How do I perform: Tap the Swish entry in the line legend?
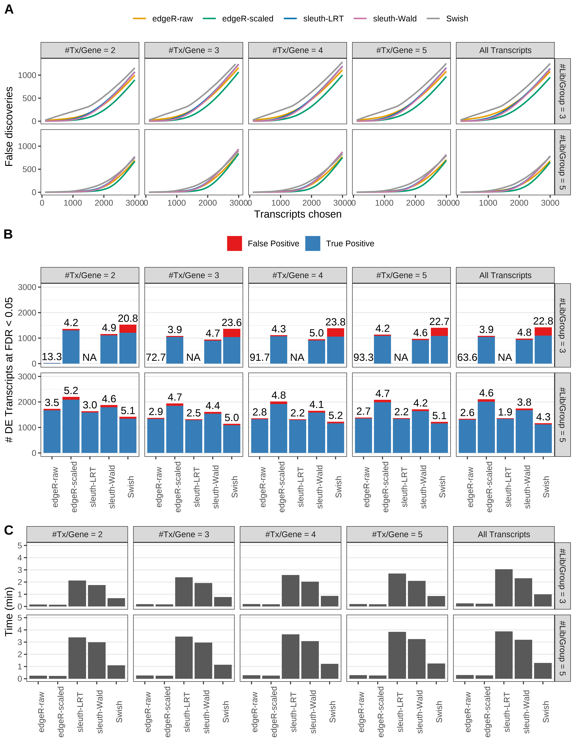(457, 19)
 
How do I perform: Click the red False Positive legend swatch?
(234, 244)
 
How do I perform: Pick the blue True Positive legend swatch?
(313, 244)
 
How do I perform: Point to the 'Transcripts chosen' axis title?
(298, 214)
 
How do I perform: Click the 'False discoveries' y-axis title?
(9, 126)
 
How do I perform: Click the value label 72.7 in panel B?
(156, 357)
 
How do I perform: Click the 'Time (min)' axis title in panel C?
(9, 611)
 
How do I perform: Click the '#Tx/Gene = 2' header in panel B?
(90, 275)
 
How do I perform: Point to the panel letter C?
(9, 530)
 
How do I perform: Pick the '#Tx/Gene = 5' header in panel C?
(397, 535)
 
